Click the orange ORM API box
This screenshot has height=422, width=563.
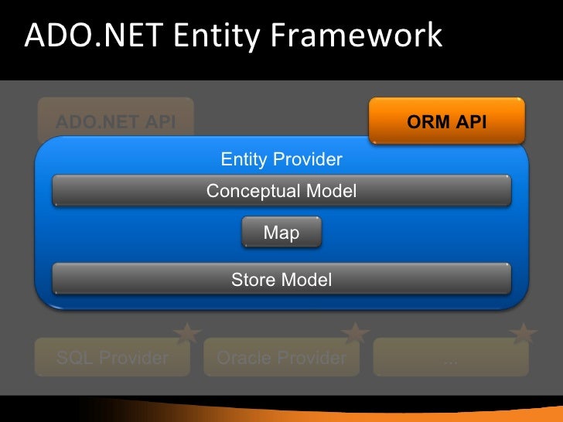pos(447,121)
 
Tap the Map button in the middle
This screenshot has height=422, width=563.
pos(281,233)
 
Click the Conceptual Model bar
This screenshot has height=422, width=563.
pos(281,191)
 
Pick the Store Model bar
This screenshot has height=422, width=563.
pos(281,279)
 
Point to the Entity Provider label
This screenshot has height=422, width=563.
pos(281,160)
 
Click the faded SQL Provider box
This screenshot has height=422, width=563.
pos(112,358)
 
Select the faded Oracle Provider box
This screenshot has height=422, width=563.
pos(281,358)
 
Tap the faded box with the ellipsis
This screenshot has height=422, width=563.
pos(450,358)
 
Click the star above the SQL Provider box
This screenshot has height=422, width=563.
pos(187,333)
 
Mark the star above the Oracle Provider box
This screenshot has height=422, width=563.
pos(356,333)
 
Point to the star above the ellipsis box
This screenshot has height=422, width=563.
pos(524,333)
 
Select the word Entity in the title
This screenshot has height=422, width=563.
pos(215,36)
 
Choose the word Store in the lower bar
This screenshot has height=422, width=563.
pos(252,279)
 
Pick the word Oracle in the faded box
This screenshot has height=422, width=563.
pos(244,358)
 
